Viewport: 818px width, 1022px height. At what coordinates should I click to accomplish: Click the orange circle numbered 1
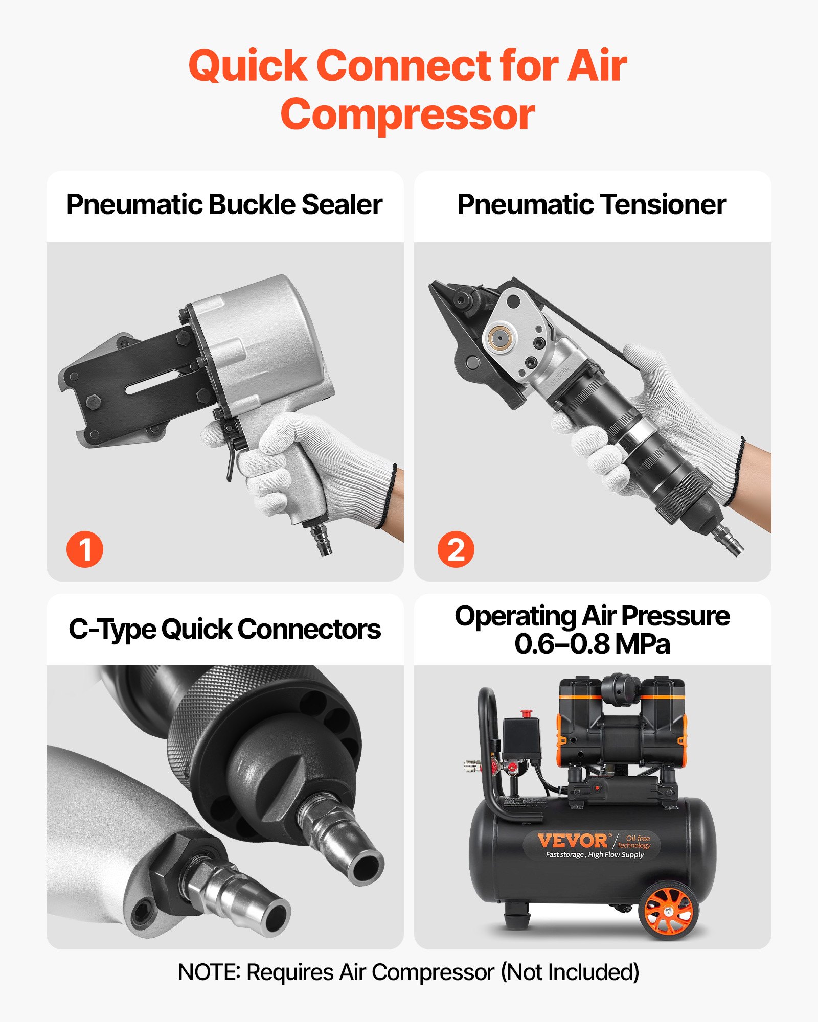click(x=85, y=549)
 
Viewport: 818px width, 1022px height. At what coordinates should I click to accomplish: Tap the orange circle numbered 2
click(x=456, y=549)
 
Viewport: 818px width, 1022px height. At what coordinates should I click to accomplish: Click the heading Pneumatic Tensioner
click(x=592, y=204)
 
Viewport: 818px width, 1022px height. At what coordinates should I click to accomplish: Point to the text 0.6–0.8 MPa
click(x=592, y=644)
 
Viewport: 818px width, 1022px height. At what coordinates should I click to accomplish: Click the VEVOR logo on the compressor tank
click(x=572, y=841)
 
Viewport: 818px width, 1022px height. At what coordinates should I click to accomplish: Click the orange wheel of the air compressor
click(x=668, y=911)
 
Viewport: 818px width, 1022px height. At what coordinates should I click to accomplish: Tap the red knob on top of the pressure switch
click(x=526, y=713)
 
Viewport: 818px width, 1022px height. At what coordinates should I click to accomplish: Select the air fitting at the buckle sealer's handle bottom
click(x=322, y=539)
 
